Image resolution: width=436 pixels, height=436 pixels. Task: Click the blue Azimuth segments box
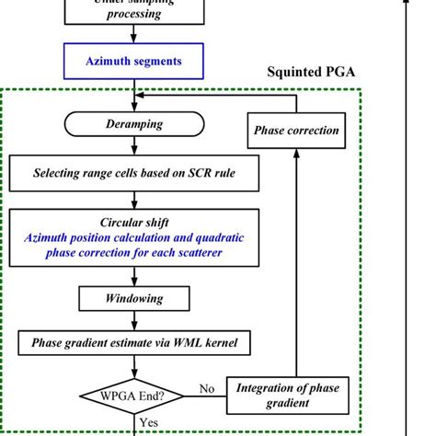134,62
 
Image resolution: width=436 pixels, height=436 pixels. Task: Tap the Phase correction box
295,130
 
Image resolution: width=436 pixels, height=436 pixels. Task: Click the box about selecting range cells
134,172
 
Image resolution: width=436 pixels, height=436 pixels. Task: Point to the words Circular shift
134,223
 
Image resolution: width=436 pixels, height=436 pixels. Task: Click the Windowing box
134,299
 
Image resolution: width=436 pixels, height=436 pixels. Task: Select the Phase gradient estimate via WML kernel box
134,343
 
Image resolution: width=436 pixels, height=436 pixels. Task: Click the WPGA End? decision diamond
134,397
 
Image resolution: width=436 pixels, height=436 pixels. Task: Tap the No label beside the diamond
207,389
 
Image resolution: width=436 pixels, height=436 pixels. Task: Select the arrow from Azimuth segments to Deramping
134,95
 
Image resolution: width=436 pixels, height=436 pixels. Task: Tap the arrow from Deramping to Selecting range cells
134,146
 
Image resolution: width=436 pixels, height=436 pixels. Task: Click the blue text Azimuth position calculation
134,237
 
